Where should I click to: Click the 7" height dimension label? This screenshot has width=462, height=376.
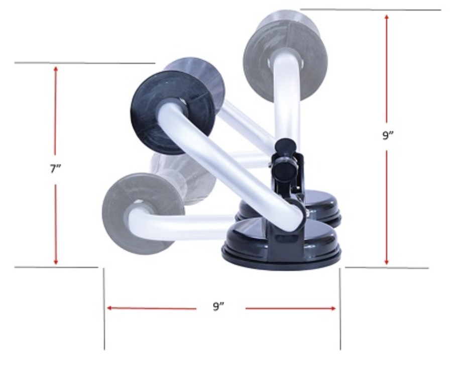click(x=55, y=169)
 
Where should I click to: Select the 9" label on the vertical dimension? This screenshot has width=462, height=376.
click(x=386, y=136)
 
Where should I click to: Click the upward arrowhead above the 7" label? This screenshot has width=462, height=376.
click(x=55, y=68)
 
